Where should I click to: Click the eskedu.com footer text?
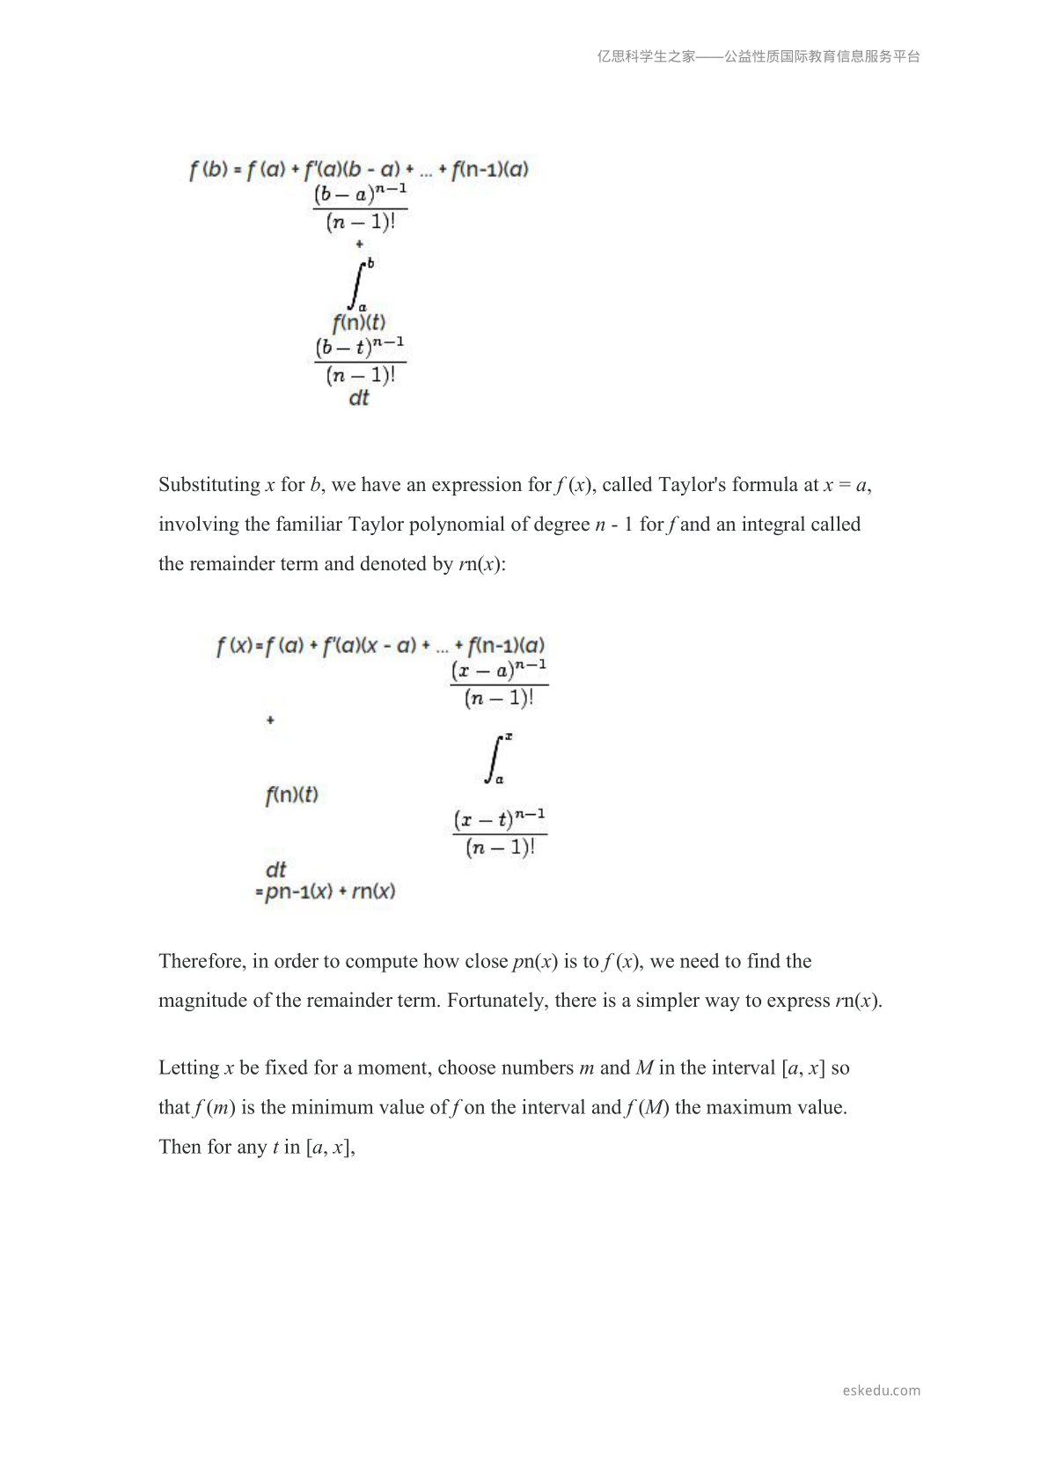coord(881,1390)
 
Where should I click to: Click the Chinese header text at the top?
coord(758,56)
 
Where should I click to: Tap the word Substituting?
coord(209,485)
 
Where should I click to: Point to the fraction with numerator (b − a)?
coord(361,207)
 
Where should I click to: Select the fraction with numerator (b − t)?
coord(361,360)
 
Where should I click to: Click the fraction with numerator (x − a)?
coord(499,684)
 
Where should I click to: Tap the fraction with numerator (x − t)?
coord(499,833)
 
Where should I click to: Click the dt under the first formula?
coord(359,398)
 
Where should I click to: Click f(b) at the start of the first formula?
coord(208,170)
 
